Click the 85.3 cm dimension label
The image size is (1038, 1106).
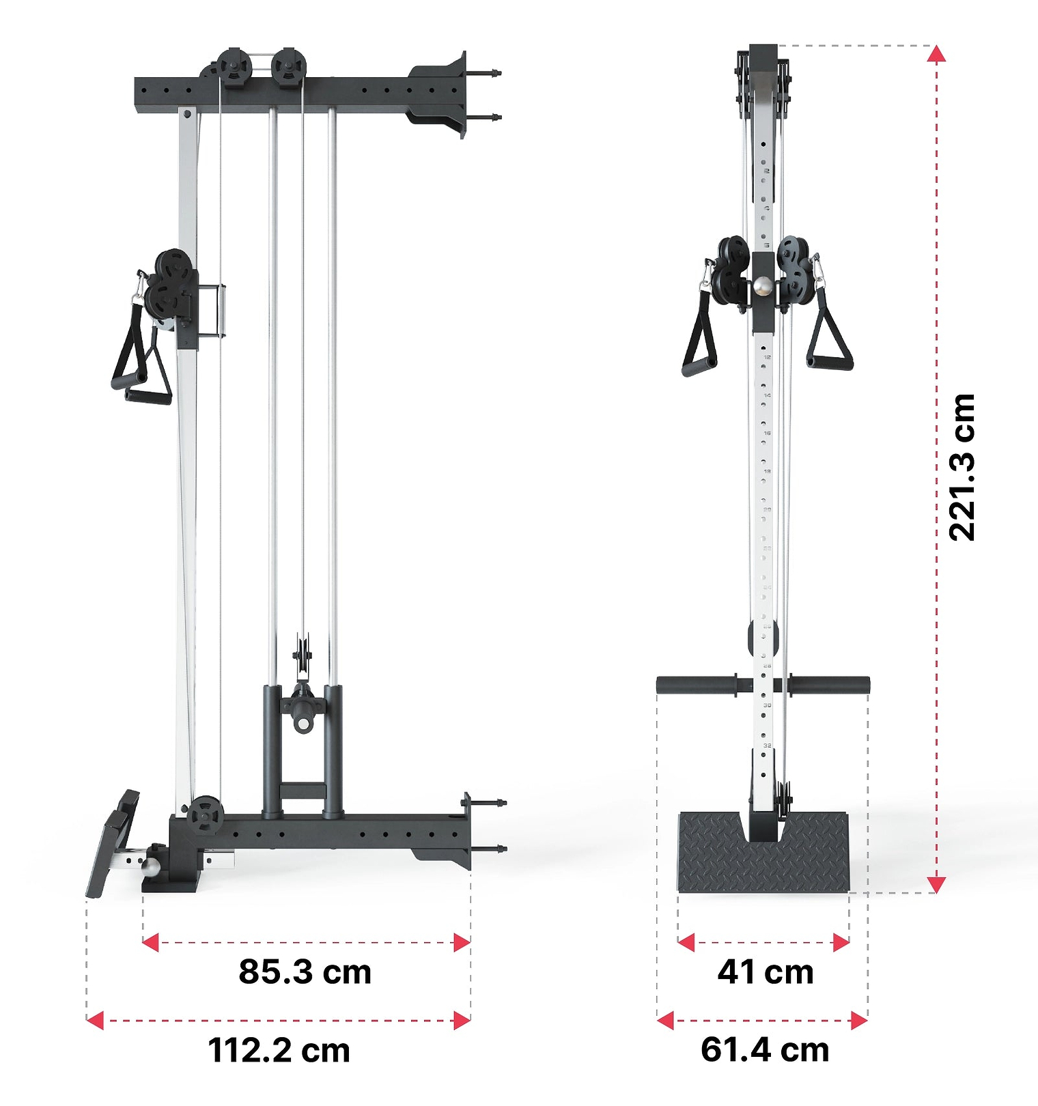[305, 972]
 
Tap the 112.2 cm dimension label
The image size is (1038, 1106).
[279, 1050]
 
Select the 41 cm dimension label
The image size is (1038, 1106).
[765, 972]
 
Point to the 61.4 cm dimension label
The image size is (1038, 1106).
[765, 1050]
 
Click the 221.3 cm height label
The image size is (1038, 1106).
[963, 468]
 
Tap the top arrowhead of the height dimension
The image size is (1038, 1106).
[937, 55]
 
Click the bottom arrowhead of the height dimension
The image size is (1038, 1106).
[937, 885]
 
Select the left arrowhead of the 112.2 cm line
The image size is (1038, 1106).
[96, 1021]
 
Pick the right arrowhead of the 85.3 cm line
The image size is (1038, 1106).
[462, 943]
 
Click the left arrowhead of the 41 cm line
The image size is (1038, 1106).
[686, 943]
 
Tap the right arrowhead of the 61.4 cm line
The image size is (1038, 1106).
[859, 1021]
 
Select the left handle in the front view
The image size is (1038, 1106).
[699, 341]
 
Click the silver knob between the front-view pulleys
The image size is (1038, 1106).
[763, 285]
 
